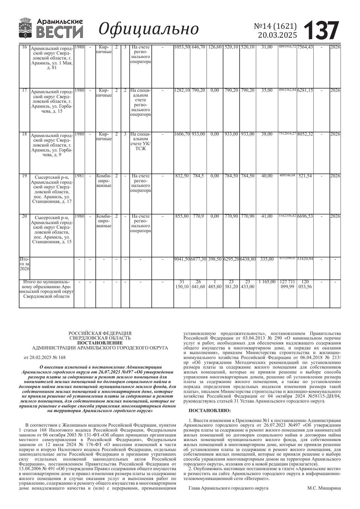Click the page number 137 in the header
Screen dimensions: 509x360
[321, 30]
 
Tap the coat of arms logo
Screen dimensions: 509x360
[26, 28]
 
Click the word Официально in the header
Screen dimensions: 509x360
[149, 29]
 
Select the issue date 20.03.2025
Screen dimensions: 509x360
[278, 35]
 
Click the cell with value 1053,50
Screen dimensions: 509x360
[182, 47]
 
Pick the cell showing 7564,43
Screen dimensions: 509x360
[305, 47]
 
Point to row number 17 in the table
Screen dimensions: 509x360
[24, 90]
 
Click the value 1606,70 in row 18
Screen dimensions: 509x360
[182, 134]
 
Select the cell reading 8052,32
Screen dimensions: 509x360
[305, 134]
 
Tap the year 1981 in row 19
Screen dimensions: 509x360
[79, 176]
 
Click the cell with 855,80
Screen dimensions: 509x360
[182, 216]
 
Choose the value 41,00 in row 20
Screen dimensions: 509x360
[267, 216]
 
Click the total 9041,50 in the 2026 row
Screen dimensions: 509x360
[182, 259]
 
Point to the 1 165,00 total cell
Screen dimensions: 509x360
[267, 282]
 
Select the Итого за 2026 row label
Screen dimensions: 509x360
[24, 264]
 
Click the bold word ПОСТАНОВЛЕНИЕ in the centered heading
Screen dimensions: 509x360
[100, 343]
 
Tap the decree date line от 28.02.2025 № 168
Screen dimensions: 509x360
[45, 357]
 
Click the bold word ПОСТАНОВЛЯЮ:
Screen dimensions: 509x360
[210, 411]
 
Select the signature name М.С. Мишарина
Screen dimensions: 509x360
[324, 488]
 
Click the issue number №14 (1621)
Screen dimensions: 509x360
[275, 26]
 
